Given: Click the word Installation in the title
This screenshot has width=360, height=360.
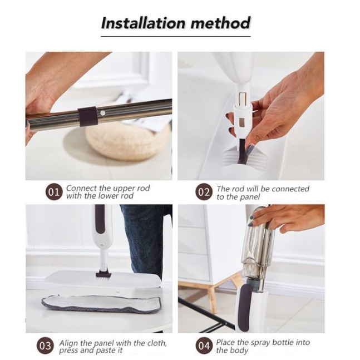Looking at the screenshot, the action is click(143, 23).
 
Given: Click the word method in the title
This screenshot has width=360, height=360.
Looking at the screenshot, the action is click(220, 23).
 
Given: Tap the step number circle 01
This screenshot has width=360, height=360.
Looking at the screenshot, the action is click(53, 192).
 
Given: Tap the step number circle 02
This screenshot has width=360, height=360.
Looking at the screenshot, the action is click(204, 192).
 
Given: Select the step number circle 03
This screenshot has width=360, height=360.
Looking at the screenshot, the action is click(45, 346).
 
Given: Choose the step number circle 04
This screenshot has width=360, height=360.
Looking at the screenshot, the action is click(204, 346).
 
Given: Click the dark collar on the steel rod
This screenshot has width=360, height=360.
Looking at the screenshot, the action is click(87, 116).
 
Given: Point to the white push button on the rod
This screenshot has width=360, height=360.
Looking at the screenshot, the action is click(103, 113).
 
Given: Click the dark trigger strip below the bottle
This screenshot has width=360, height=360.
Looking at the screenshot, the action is click(245, 308).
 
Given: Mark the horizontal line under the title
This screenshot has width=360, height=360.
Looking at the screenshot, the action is click(176, 36).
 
